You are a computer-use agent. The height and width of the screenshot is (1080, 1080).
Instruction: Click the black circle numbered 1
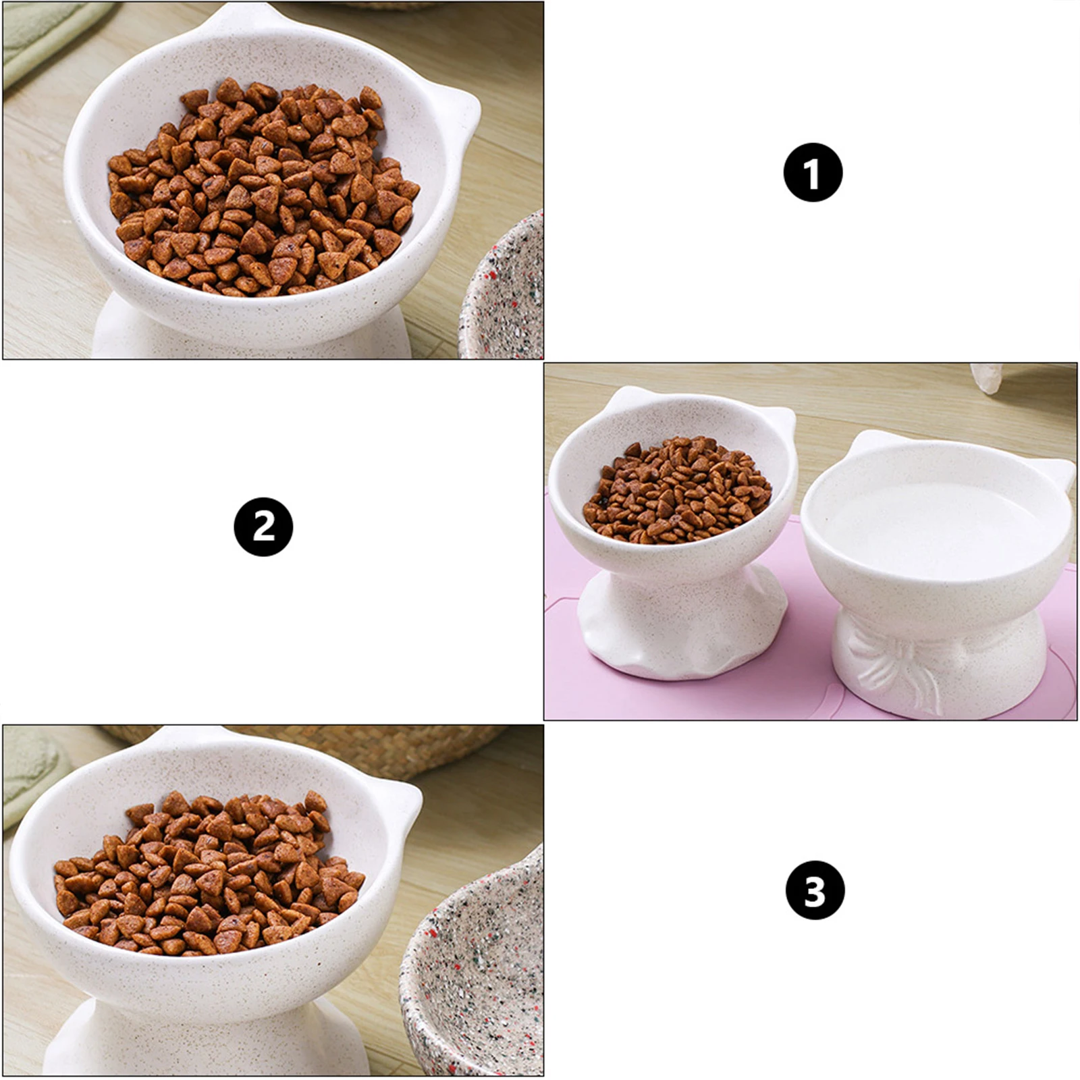tap(813, 172)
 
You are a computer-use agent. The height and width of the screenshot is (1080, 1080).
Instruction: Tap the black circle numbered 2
tap(263, 527)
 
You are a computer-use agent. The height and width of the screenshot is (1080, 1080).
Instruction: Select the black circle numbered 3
tap(815, 890)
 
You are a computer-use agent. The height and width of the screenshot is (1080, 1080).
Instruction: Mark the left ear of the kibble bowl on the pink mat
tap(624, 398)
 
